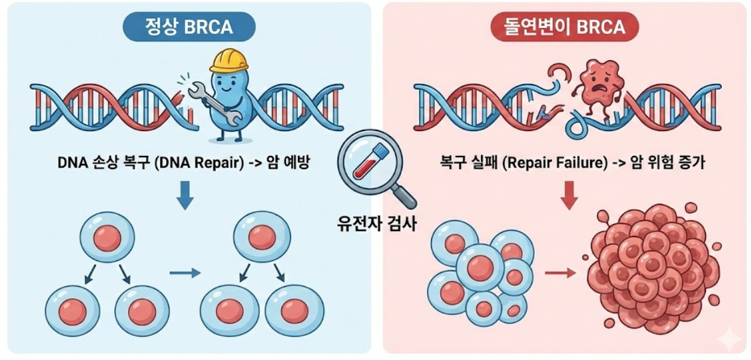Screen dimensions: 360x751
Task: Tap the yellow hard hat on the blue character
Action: pyautogui.click(x=229, y=60)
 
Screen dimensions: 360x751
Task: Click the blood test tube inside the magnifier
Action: pyautogui.click(x=368, y=162)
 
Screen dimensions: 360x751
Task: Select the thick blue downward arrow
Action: pyautogui.click(x=184, y=194)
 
